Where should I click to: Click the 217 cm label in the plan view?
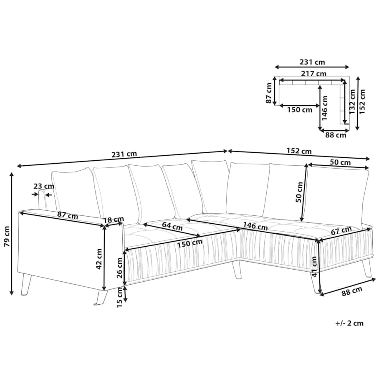tap(313, 73)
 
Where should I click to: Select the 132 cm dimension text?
tap(352, 101)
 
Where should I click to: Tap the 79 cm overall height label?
tap(7, 236)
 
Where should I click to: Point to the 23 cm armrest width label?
tap(44, 186)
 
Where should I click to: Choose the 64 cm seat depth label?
tap(172, 226)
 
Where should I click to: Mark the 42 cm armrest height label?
tap(99, 259)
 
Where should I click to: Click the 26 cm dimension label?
tap(119, 268)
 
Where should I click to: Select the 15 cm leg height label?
tap(119, 297)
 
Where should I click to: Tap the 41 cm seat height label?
tap(314, 266)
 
